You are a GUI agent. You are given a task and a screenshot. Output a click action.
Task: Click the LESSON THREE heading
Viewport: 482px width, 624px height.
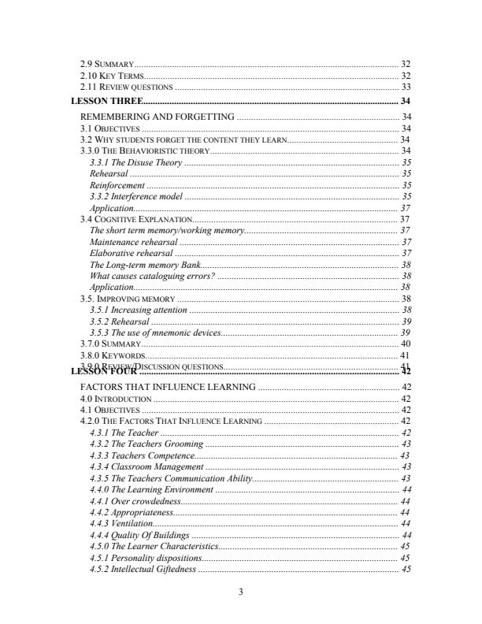point(107,102)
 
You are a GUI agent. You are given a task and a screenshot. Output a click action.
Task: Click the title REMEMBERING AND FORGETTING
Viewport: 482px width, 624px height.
point(158,117)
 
